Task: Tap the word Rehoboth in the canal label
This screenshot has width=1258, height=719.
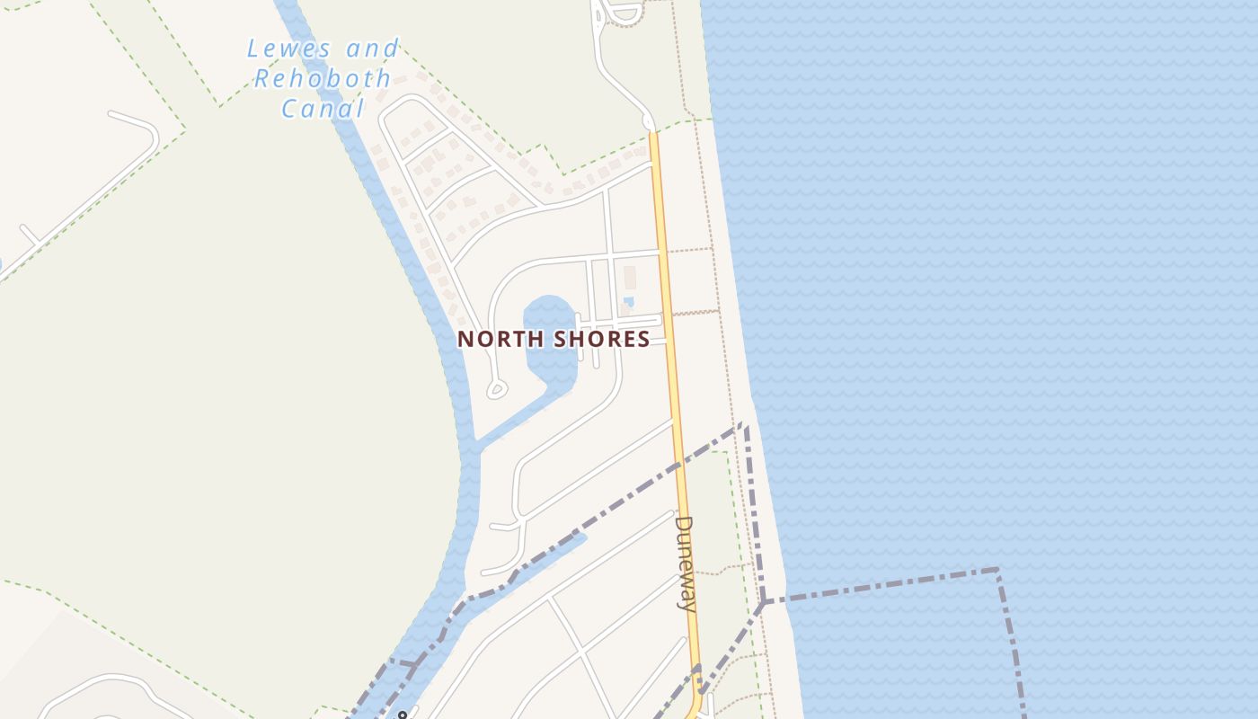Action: point(322,79)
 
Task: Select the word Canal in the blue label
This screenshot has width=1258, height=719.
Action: point(322,110)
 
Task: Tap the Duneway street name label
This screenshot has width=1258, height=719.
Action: point(685,563)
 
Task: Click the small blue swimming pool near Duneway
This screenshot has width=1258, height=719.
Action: point(628,301)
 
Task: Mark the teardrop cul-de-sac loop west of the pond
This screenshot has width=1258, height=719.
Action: point(495,390)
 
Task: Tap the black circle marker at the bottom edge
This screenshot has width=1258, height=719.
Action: point(402,715)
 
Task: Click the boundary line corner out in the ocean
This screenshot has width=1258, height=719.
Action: point(997,569)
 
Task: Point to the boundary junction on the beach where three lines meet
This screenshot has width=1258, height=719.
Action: point(762,601)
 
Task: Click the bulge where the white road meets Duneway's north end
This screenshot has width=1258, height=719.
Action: point(649,122)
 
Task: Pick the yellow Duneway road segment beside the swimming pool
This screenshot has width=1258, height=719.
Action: point(666,301)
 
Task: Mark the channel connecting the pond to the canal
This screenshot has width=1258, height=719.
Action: point(521,418)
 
